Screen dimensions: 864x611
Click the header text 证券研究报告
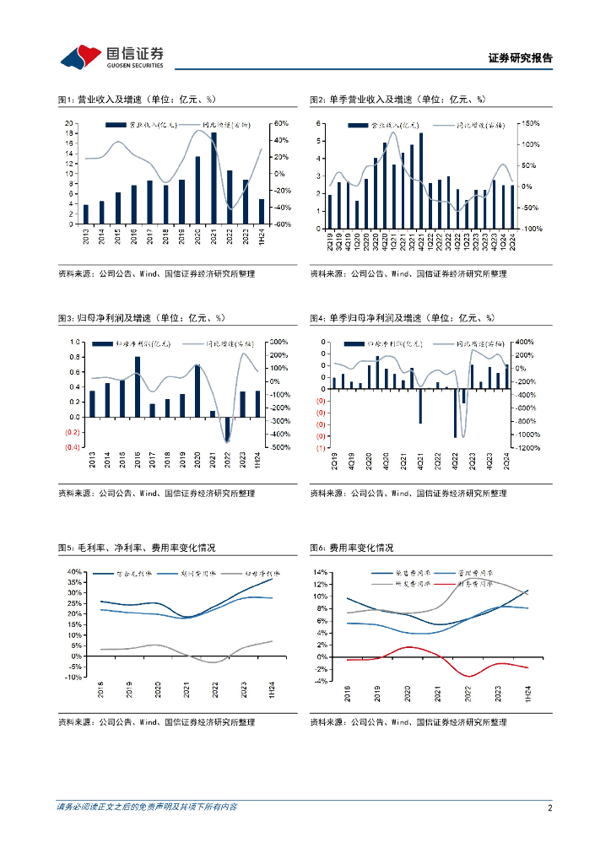pyautogui.click(x=520, y=58)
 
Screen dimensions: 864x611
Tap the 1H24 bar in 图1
pyautogui.click(x=262, y=211)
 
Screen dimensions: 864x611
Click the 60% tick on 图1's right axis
pyautogui.click(x=280, y=123)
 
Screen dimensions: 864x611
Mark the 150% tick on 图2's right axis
pyautogui.click(x=530, y=123)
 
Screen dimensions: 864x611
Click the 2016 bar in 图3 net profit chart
pyautogui.click(x=138, y=386)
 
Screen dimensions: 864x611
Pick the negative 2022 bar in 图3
pyautogui.click(x=227, y=429)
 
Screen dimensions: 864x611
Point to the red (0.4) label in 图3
pyautogui.click(x=73, y=447)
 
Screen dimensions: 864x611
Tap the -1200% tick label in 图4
pyautogui.click(x=527, y=448)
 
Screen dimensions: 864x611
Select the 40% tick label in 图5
pyautogui.click(x=73, y=571)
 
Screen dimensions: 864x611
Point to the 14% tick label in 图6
pyautogui.click(x=322, y=571)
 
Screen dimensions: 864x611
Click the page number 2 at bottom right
pyautogui.click(x=549, y=807)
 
